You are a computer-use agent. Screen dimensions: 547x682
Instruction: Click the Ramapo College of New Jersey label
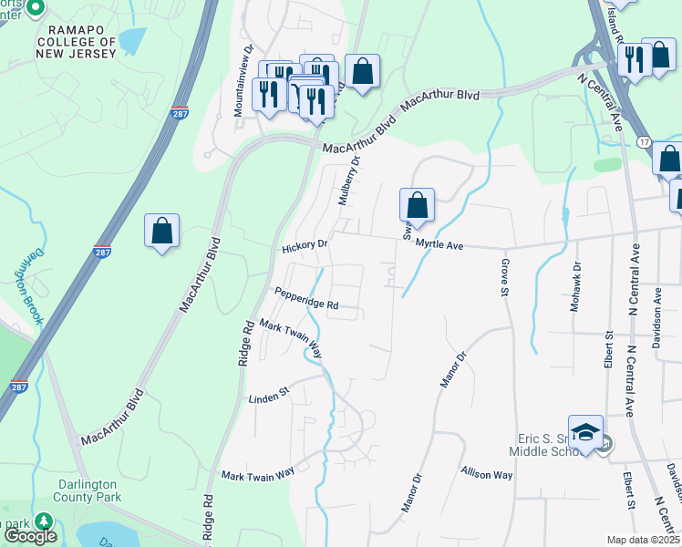pyautogui.click(x=77, y=42)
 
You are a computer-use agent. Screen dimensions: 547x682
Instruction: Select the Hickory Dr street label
pyautogui.click(x=305, y=246)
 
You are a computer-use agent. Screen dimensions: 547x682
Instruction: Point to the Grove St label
pyautogui.click(x=503, y=277)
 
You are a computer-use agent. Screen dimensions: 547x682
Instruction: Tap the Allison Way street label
pyautogui.click(x=487, y=474)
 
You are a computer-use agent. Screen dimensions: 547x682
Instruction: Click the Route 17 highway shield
pyautogui.click(x=644, y=144)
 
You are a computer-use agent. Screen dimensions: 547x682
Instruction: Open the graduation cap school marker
pyautogui.click(x=585, y=433)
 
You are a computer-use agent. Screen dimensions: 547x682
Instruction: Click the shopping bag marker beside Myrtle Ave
pyautogui.click(x=417, y=205)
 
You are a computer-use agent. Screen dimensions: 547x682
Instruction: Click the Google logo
pyautogui.click(x=29, y=537)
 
